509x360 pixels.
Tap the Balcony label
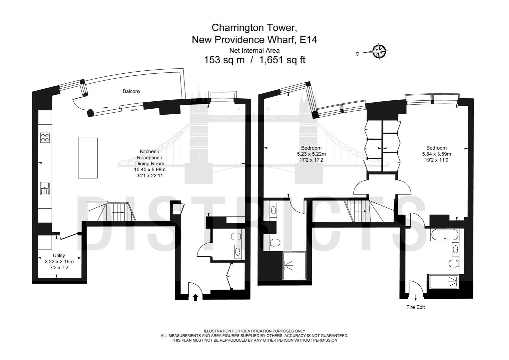[131, 91]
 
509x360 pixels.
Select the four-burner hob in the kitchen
[45, 138]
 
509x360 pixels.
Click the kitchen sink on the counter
[45, 189]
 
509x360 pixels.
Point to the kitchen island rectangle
[88, 158]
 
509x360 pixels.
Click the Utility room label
[59, 255]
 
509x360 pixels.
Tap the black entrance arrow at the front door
[195, 297]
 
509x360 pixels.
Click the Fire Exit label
[415, 307]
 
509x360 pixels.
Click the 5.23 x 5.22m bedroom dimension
[311, 154]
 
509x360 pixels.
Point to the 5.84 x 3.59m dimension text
[436, 154]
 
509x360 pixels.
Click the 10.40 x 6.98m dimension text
[150, 169]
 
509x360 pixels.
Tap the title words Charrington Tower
[254, 28]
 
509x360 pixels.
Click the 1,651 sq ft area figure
[282, 60]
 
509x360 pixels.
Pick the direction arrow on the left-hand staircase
[118, 212]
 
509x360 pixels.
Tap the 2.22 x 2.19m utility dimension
[59, 262]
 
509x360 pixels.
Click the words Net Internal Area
[254, 50]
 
